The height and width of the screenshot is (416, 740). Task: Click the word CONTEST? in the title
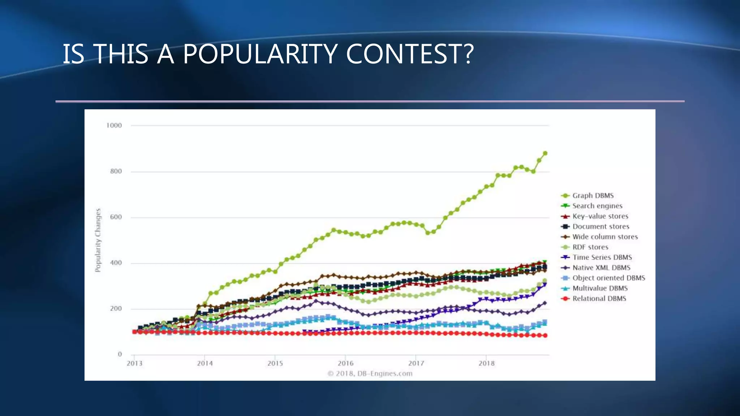click(x=409, y=54)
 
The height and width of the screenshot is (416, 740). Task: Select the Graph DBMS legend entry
click(x=593, y=196)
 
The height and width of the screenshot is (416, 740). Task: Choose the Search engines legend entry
click(x=597, y=206)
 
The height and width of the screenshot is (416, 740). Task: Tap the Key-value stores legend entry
click(x=600, y=216)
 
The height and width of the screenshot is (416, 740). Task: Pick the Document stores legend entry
click(x=601, y=226)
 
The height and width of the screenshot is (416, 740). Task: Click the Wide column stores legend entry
click(x=605, y=237)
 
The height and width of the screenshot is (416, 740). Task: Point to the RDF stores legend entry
click(x=590, y=247)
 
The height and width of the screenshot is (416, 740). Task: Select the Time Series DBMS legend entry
click(x=602, y=257)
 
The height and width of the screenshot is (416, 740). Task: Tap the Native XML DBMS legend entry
click(x=601, y=268)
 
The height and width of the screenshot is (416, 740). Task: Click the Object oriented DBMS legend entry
click(x=608, y=278)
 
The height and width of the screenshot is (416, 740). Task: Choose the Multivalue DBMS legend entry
click(x=600, y=288)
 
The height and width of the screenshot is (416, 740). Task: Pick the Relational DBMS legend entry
click(x=599, y=299)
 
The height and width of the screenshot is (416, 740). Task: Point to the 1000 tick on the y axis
click(x=114, y=126)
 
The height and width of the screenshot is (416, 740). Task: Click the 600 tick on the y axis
click(x=116, y=217)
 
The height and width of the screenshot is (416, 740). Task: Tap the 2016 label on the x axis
click(x=345, y=363)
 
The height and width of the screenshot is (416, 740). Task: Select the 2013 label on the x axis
click(x=134, y=363)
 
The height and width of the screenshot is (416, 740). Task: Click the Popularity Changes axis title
click(x=98, y=240)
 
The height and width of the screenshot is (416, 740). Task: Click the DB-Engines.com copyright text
click(x=370, y=373)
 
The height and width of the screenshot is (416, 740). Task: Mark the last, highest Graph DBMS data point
click(x=545, y=153)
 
